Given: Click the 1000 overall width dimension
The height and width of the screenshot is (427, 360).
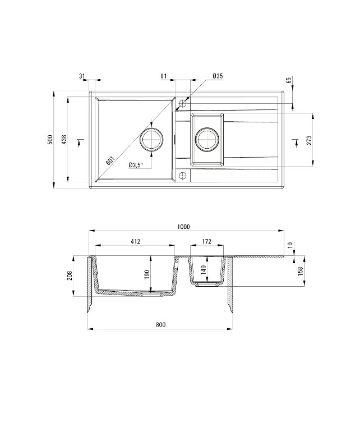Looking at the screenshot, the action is (x=183, y=227).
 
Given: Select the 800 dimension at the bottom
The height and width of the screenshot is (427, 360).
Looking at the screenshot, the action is (x=160, y=325).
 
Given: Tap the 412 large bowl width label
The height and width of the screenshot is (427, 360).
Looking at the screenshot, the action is (x=135, y=241).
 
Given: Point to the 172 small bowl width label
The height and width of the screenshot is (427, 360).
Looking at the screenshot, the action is (x=206, y=241).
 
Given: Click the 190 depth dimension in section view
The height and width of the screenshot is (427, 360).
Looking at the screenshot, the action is (x=147, y=274).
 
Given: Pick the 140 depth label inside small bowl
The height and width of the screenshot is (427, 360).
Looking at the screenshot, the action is (x=203, y=270).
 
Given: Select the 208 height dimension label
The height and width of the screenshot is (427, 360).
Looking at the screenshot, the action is (x=70, y=276).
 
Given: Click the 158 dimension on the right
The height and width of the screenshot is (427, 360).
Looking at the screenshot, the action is (x=300, y=271).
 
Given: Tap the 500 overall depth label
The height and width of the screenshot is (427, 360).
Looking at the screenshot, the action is (x=50, y=139).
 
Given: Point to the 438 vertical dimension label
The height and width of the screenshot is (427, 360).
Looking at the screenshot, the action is (x=64, y=139).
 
